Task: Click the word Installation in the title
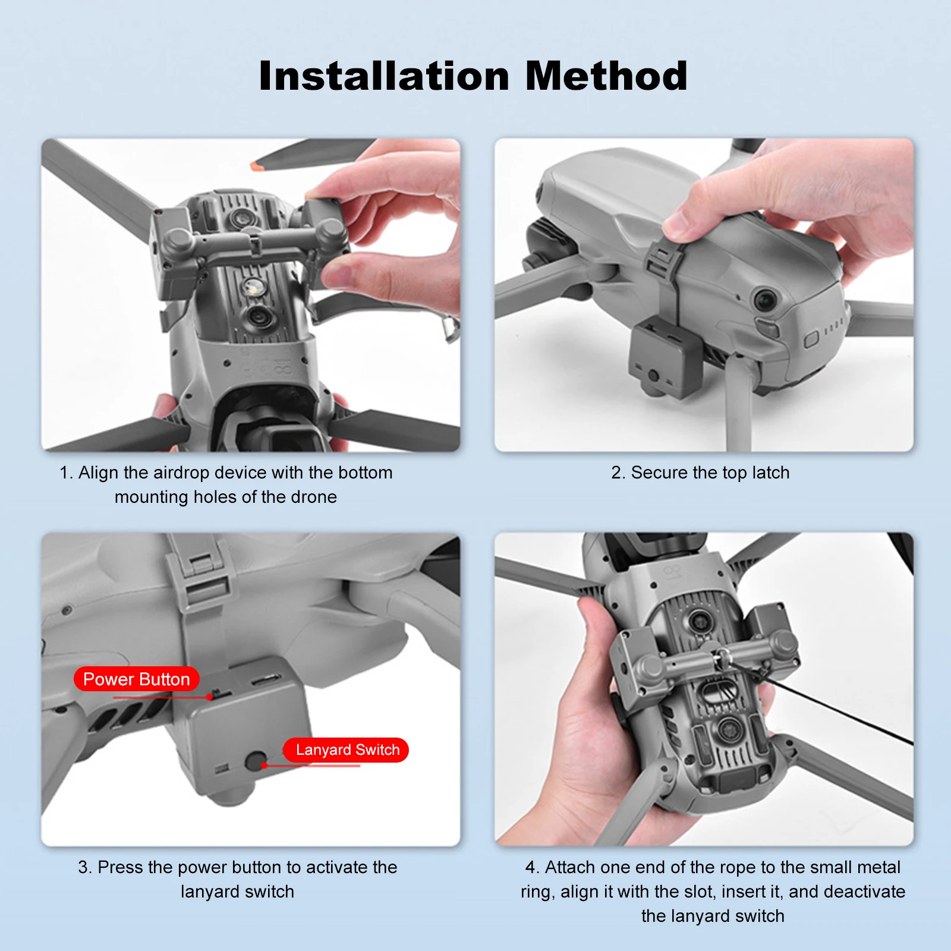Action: pos(385,76)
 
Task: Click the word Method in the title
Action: pos(606,76)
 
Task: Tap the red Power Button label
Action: pos(136,679)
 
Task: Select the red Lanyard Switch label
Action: pos(347,750)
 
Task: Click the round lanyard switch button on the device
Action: pos(256,761)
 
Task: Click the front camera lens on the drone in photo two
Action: pos(764,300)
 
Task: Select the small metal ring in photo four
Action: pos(723,657)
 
